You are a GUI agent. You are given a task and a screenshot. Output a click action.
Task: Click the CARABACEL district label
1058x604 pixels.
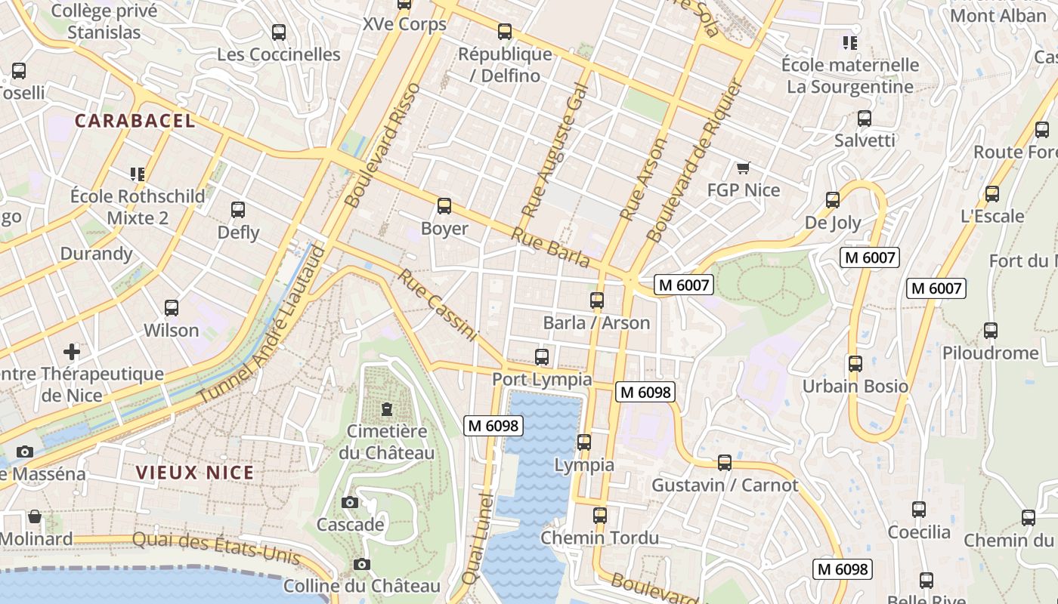(135, 121)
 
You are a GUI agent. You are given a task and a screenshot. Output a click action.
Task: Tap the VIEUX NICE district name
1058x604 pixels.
(195, 473)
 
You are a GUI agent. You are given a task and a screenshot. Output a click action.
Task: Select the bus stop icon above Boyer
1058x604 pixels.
(444, 205)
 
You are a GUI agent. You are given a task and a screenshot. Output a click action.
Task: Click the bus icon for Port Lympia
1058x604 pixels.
(542, 357)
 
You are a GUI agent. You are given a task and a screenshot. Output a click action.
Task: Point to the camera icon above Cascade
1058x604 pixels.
(350, 502)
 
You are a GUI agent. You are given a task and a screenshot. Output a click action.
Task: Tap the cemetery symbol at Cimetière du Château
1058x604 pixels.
(387, 409)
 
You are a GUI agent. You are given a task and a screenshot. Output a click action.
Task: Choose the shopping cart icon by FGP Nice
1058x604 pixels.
(743, 168)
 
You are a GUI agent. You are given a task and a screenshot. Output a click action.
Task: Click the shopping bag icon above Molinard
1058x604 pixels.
(35, 517)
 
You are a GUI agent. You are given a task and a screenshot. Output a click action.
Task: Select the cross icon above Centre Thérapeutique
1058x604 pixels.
(72, 352)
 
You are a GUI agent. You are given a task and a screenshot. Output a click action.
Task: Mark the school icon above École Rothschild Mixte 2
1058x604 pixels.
(137, 174)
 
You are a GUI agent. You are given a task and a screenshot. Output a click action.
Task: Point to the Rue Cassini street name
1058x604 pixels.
(438, 305)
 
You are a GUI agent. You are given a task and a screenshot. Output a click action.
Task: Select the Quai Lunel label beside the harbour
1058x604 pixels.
(478, 538)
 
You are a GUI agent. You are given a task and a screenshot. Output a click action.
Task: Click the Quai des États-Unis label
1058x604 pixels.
(216, 549)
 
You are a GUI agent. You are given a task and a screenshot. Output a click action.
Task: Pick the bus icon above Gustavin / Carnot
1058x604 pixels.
(725, 462)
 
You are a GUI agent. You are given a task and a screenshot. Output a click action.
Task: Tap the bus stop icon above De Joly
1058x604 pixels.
(833, 200)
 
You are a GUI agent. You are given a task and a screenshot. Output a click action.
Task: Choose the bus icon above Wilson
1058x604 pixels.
(172, 308)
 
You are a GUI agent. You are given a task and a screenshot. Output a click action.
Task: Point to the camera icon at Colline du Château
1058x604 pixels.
(362, 564)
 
